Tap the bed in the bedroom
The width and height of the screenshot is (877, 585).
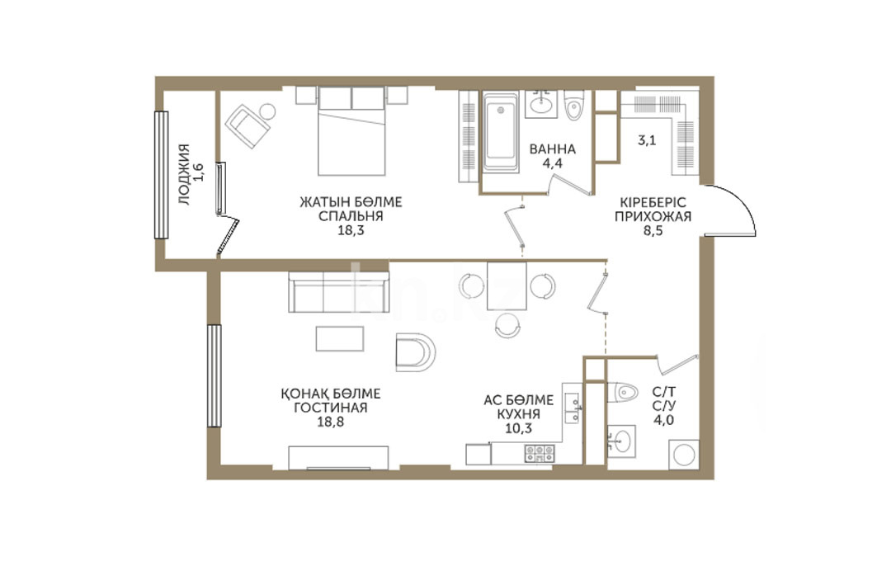pos(351,131)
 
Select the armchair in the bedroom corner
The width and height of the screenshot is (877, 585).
pos(248,125)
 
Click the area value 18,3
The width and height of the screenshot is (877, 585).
pos(351,230)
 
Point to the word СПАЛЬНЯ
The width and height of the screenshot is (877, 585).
pos(351,216)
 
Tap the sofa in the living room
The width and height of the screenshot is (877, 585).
pos(339,291)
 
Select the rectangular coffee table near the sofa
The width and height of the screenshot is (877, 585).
pos(340,338)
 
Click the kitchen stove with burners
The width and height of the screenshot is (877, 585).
pos(540,453)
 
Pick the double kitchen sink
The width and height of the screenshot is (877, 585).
pos(572,408)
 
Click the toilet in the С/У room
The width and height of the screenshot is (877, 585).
pos(622,392)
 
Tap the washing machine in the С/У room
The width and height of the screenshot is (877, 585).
pos(683,455)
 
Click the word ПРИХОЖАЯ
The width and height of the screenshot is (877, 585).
pos(653,216)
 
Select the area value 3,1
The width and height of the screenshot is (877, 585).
pos(647,140)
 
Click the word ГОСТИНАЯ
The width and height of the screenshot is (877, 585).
pos(331,408)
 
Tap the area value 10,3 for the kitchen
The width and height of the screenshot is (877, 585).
pos(518,429)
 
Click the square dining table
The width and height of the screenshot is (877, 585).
pos(507,285)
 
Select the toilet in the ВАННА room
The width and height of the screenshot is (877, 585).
pos(573,106)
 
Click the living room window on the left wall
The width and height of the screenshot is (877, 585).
pos(215,375)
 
